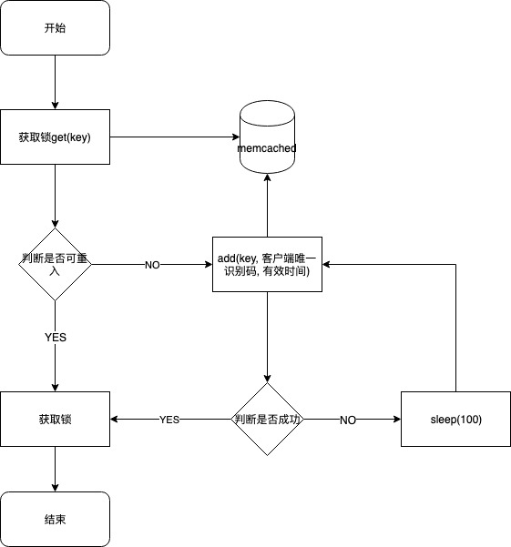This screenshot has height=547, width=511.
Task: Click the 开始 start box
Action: pyautogui.click(x=55, y=27)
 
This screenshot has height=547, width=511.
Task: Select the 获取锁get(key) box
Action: pyautogui.click(x=55, y=137)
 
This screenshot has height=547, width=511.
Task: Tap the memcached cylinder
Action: pyautogui.click(x=267, y=139)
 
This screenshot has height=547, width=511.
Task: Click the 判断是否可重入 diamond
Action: pyautogui.click(x=55, y=265)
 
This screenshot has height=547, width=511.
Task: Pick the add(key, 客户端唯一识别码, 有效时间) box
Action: pyautogui.click(x=267, y=265)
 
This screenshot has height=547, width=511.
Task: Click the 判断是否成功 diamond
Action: pyautogui.click(x=267, y=420)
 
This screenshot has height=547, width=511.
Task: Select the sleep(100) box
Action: pyautogui.click(x=455, y=420)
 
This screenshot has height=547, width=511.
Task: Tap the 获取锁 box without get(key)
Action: pyautogui.click(x=55, y=420)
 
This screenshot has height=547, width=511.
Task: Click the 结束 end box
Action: pyautogui.click(x=55, y=520)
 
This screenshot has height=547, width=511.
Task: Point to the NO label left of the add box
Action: pyautogui.click(x=152, y=265)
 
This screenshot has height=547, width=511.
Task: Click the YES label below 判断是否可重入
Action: pyautogui.click(x=55, y=337)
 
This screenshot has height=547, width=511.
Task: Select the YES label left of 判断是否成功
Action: pyautogui.click(x=169, y=420)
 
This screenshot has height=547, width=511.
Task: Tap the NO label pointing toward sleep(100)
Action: pyautogui.click(x=347, y=420)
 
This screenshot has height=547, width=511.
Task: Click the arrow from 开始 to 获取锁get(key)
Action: pyautogui.click(x=55, y=82)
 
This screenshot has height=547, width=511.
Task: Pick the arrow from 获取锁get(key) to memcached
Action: pyautogui.click(x=173, y=137)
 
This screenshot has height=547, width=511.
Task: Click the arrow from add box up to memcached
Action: pyautogui.click(x=267, y=205)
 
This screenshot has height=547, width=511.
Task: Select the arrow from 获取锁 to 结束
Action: pyautogui.click(x=55, y=469)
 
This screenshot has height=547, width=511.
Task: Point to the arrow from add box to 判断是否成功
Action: pyautogui.click(x=267, y=337)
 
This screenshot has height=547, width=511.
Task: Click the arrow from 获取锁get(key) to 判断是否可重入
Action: pyautogui.click(x=55, y=196)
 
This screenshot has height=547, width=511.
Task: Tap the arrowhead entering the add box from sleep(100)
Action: pyautogui.click(x=328, y=265)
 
